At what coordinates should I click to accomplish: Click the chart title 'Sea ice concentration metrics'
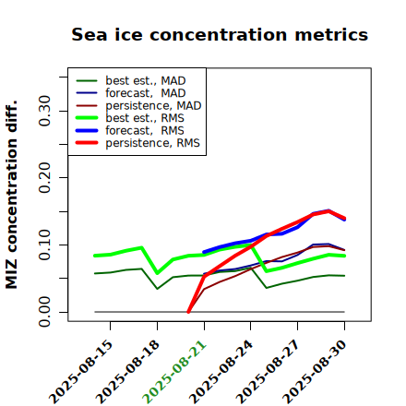pos(220,34)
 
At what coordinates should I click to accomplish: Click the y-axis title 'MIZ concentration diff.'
pos(11,195)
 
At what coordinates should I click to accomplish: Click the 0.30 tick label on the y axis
pos(44,111)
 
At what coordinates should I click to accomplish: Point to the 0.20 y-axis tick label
pos(44,177)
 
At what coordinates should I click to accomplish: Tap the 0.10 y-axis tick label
pos(44,245)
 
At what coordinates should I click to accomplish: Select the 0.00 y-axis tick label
pos(44,312)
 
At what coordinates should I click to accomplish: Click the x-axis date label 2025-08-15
pos(80,372)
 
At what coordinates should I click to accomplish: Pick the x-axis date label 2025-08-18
pos(127,372)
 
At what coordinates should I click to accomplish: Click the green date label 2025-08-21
pos(174,372)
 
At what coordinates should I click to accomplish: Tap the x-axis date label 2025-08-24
pos(221,372)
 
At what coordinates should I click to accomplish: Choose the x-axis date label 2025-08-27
pos(268,372)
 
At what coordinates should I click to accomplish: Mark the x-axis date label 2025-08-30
pos(315,372)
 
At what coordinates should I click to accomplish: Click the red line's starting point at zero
pos(188,312)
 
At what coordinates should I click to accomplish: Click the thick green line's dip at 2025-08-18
pos(158,273)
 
